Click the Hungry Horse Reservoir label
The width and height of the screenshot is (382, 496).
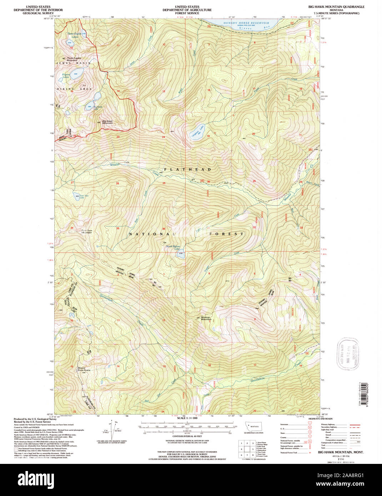(x=246, y=23)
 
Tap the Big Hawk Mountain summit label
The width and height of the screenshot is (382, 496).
(x=107, y=122)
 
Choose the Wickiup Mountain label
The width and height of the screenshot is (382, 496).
(x=206, y=318)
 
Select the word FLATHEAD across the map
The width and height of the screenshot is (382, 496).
(x=188, y=169)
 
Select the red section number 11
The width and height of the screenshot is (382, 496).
(x=118, y=46)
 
